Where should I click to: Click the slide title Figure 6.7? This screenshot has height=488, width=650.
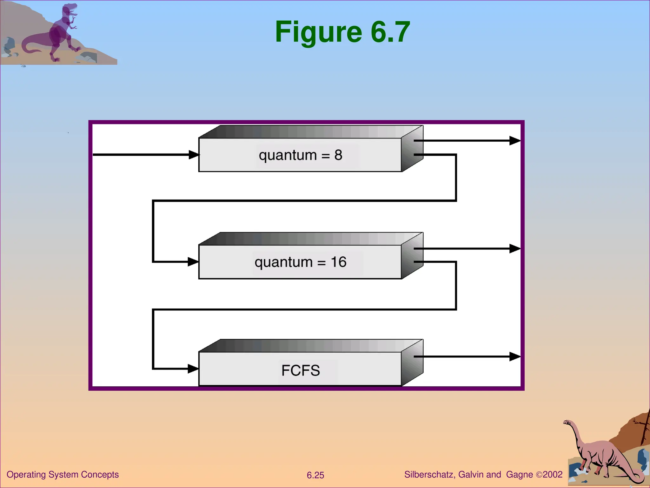point(342,32)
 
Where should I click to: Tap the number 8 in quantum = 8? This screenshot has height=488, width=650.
point(338,155)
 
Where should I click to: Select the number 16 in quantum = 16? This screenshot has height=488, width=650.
point(338,262)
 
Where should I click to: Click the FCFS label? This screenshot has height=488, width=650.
point(301,370)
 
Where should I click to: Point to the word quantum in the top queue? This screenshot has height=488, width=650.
point(288,156)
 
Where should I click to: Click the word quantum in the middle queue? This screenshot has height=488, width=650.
point(283,263)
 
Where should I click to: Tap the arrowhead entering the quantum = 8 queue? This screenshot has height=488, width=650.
point(194,155)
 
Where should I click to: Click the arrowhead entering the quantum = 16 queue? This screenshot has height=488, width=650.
point(193,262)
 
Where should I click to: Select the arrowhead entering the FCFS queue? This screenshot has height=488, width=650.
point(193,369)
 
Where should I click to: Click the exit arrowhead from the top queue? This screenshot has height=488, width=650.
point(514,140)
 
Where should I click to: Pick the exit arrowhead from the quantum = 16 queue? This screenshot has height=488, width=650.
point(514,248)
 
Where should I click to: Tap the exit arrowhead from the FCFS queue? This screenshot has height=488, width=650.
point(514,356)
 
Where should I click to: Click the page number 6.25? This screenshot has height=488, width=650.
point(315,475)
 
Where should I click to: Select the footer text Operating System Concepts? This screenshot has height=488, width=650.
point(63,475)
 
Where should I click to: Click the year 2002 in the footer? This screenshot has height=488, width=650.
point(553,475)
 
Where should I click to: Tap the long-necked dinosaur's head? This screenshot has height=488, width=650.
point(567,423)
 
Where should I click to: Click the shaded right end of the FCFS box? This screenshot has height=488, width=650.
point(412,363)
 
